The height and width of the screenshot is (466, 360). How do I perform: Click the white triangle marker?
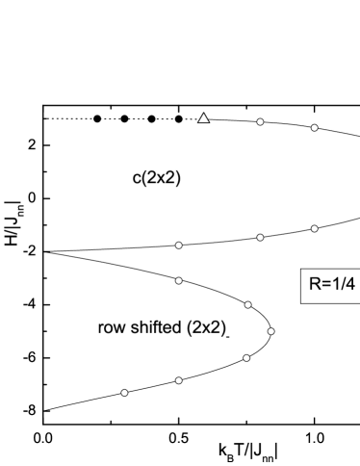tap(203, 118)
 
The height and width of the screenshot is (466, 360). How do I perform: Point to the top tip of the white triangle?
tap(203, 114)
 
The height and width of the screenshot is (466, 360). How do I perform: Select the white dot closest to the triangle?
tap(260, 122)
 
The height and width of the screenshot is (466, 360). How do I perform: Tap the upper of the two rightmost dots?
tap(314, 127)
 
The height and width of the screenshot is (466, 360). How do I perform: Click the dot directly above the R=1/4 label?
tap(314, 228)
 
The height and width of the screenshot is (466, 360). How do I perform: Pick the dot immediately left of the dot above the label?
tap(260, 237)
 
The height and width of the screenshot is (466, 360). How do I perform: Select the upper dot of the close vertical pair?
tap(178, 246)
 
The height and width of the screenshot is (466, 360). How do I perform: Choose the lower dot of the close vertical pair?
tap(178, 280)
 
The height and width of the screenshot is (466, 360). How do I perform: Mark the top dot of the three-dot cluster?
tap(247, 304)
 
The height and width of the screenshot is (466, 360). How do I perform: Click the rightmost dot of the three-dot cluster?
tap(270, 331)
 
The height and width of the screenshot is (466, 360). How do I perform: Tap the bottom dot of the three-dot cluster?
tap(246, 358)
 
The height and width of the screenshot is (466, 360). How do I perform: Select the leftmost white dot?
tap(124, 393)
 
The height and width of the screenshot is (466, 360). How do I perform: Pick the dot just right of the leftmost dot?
tap(178, 380)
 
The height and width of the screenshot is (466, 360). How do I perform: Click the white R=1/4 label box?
tap(330, 285)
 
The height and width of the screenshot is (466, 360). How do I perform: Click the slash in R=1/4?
tap(342, 285)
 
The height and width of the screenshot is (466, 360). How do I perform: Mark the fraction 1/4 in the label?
tap(342, 285)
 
